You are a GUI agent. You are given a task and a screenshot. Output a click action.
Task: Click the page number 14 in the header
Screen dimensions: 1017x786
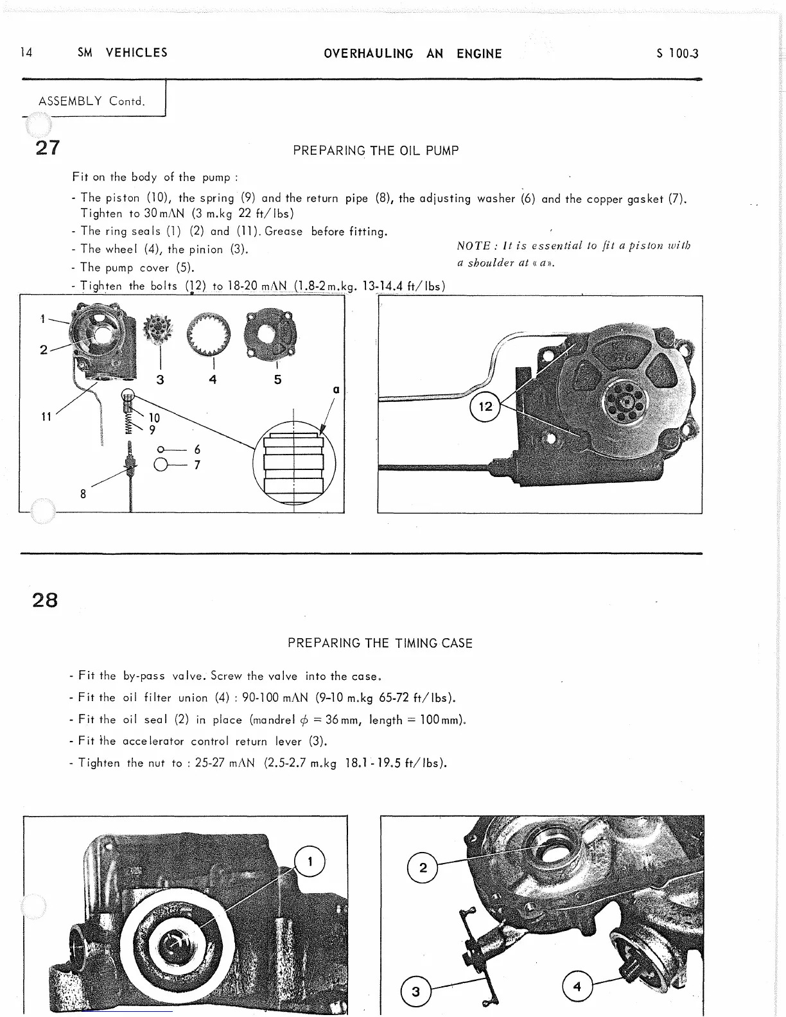point(26,53)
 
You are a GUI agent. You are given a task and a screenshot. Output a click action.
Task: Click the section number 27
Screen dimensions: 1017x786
point(48,148)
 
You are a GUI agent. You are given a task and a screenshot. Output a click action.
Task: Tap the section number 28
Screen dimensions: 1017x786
point(45,600)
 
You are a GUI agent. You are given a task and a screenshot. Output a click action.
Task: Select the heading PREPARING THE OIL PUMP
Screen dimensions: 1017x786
point(376,151)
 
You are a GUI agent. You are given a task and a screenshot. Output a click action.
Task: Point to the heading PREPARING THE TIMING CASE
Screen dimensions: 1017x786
point(380,643)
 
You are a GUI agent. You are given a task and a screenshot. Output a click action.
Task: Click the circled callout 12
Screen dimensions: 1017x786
point(485,406)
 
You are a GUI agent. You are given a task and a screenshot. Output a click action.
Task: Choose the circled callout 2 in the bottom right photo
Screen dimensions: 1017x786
point(423,868)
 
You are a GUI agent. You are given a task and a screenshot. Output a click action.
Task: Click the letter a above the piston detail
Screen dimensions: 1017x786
point(335,390)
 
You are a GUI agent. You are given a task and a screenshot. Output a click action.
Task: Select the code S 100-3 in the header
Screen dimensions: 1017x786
point(677,54)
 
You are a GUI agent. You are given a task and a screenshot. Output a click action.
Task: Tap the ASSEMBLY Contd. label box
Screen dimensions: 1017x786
point(92,101)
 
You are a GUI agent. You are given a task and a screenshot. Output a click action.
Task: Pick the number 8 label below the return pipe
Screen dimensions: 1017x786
point(83,494)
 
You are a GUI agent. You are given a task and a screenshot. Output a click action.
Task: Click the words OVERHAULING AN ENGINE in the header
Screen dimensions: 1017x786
point(413,54)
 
